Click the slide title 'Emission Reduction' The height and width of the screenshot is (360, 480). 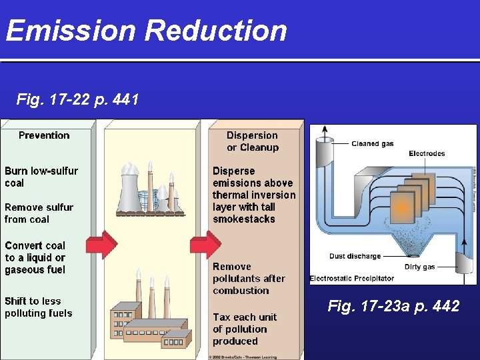click(147, 31)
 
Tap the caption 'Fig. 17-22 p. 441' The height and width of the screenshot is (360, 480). click(77, 100)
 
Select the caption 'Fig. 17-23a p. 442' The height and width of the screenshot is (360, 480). click(393, 306)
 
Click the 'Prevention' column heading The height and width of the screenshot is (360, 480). click(44, 135)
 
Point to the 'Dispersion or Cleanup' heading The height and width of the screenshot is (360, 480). click(253, 141)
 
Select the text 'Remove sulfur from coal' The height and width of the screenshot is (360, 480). click(39, 213)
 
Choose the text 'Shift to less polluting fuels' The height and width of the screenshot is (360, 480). click(39, 307)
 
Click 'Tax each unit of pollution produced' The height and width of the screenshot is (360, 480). click(244, 329)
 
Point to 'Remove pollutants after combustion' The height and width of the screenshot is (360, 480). click(249, 278)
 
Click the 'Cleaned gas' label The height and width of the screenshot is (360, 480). click(373, 143)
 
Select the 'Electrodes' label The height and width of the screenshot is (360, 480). click(427, 153)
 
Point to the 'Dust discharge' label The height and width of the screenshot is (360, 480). click(355, 256)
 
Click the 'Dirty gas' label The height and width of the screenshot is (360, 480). click(419, 267)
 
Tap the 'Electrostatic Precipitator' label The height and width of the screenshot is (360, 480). click(352, 278)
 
